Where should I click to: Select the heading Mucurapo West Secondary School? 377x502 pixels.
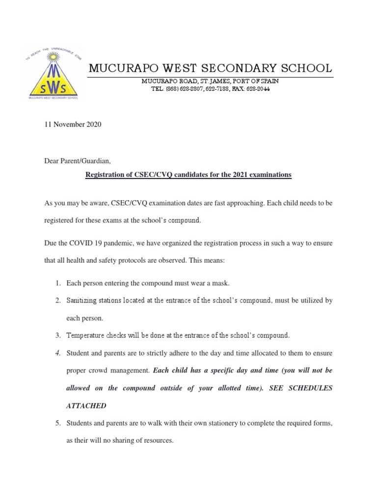pyautogui.click(x=210, y=68)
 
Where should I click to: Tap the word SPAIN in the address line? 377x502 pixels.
pyautogui.click(x=269, y=81)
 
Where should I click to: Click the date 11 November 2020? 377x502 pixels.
pyautogui.click(x=73, y=125)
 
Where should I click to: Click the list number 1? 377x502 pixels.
pyautogui.click(x=57, y=283)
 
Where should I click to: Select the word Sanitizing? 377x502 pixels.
pyautogui.click(x=84, y=301)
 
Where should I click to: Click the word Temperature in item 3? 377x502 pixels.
pyautogui.click(x=88, y=335)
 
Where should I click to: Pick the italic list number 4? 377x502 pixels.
pyautogui.click(x=57, y=353)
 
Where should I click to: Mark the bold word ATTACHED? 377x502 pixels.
pyautogui.click(x=86, y=406)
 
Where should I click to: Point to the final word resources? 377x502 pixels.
pyautogui.click(x=157, y=441)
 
